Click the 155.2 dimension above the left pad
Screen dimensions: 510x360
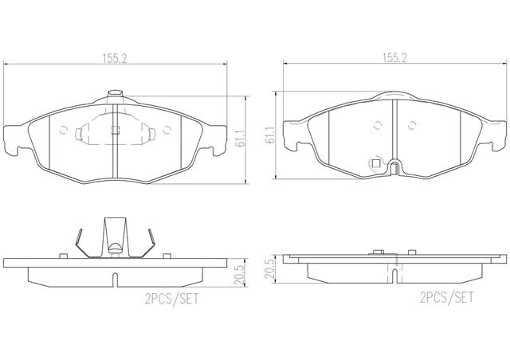point(115,59)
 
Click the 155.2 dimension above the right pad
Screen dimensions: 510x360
point(395,58)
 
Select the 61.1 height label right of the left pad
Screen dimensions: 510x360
point(240,137)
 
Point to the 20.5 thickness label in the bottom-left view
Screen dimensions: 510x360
point(240,275)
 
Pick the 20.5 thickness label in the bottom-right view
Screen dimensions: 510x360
point(270,268)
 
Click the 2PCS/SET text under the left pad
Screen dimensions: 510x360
point(171,299)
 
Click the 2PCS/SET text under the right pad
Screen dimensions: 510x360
point(447,297)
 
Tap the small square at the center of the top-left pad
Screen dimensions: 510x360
point(115,130)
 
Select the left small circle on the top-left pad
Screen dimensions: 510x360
point(64,130)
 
